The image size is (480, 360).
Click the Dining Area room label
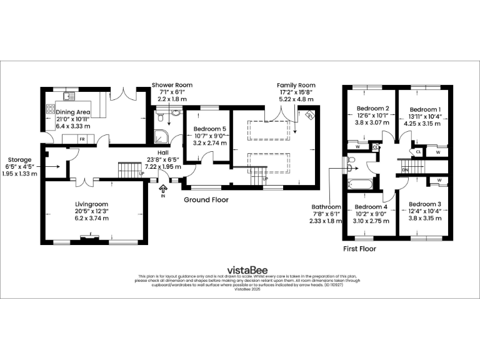pyautogui.click(x=74, y=112)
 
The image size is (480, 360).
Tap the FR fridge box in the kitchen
pyautogui.click(x=82, y=137)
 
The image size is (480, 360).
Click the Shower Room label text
pyautogui.click(x=172, y=85)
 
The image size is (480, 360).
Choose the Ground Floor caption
pyautogui.click(x=206, y=200)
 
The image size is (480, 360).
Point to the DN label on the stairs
pyautogui.click(x=406, y=169)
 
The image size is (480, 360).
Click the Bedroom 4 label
pyautogui.click(x=371, y=207)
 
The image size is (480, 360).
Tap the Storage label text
pyautogui.click(x=20, y=159)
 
